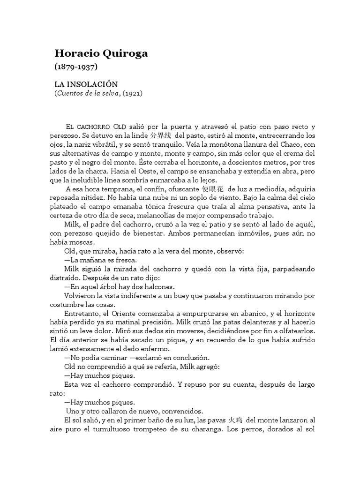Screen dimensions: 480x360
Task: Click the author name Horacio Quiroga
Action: (x=102, y=53)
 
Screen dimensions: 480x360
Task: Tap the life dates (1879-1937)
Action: (x=76, y=67)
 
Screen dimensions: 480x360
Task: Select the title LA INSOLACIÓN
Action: (x=86, y=84)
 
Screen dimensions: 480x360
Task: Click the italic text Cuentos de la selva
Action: (x=87, y=93)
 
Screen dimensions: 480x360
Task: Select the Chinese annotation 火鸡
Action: (x=236, y=420)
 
